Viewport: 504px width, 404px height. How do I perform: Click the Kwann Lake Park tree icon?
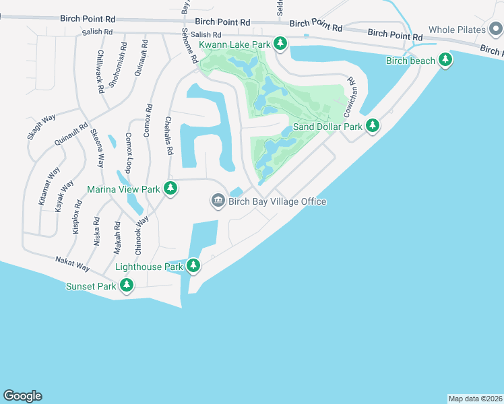[x=281, y=44]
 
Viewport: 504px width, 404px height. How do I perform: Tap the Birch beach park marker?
[x=445, y=61]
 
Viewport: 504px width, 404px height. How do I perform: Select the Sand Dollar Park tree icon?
[x=372, y=125]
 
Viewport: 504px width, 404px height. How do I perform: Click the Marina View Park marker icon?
[x=171, y=189]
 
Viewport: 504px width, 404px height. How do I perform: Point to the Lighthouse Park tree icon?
[x=193, y=267]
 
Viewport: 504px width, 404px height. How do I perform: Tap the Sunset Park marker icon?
[x=126, y=286]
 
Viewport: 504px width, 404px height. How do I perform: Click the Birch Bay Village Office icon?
[x=218, y=201]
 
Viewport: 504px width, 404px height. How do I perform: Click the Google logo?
[x=22, y=396]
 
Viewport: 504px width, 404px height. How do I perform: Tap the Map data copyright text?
[x=475, y=399]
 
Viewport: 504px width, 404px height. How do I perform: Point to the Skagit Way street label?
[x=41, y=127]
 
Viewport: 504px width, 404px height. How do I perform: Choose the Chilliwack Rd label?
[x=100, y=71]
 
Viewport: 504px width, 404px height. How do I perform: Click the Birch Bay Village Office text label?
[x=277, y=201]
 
